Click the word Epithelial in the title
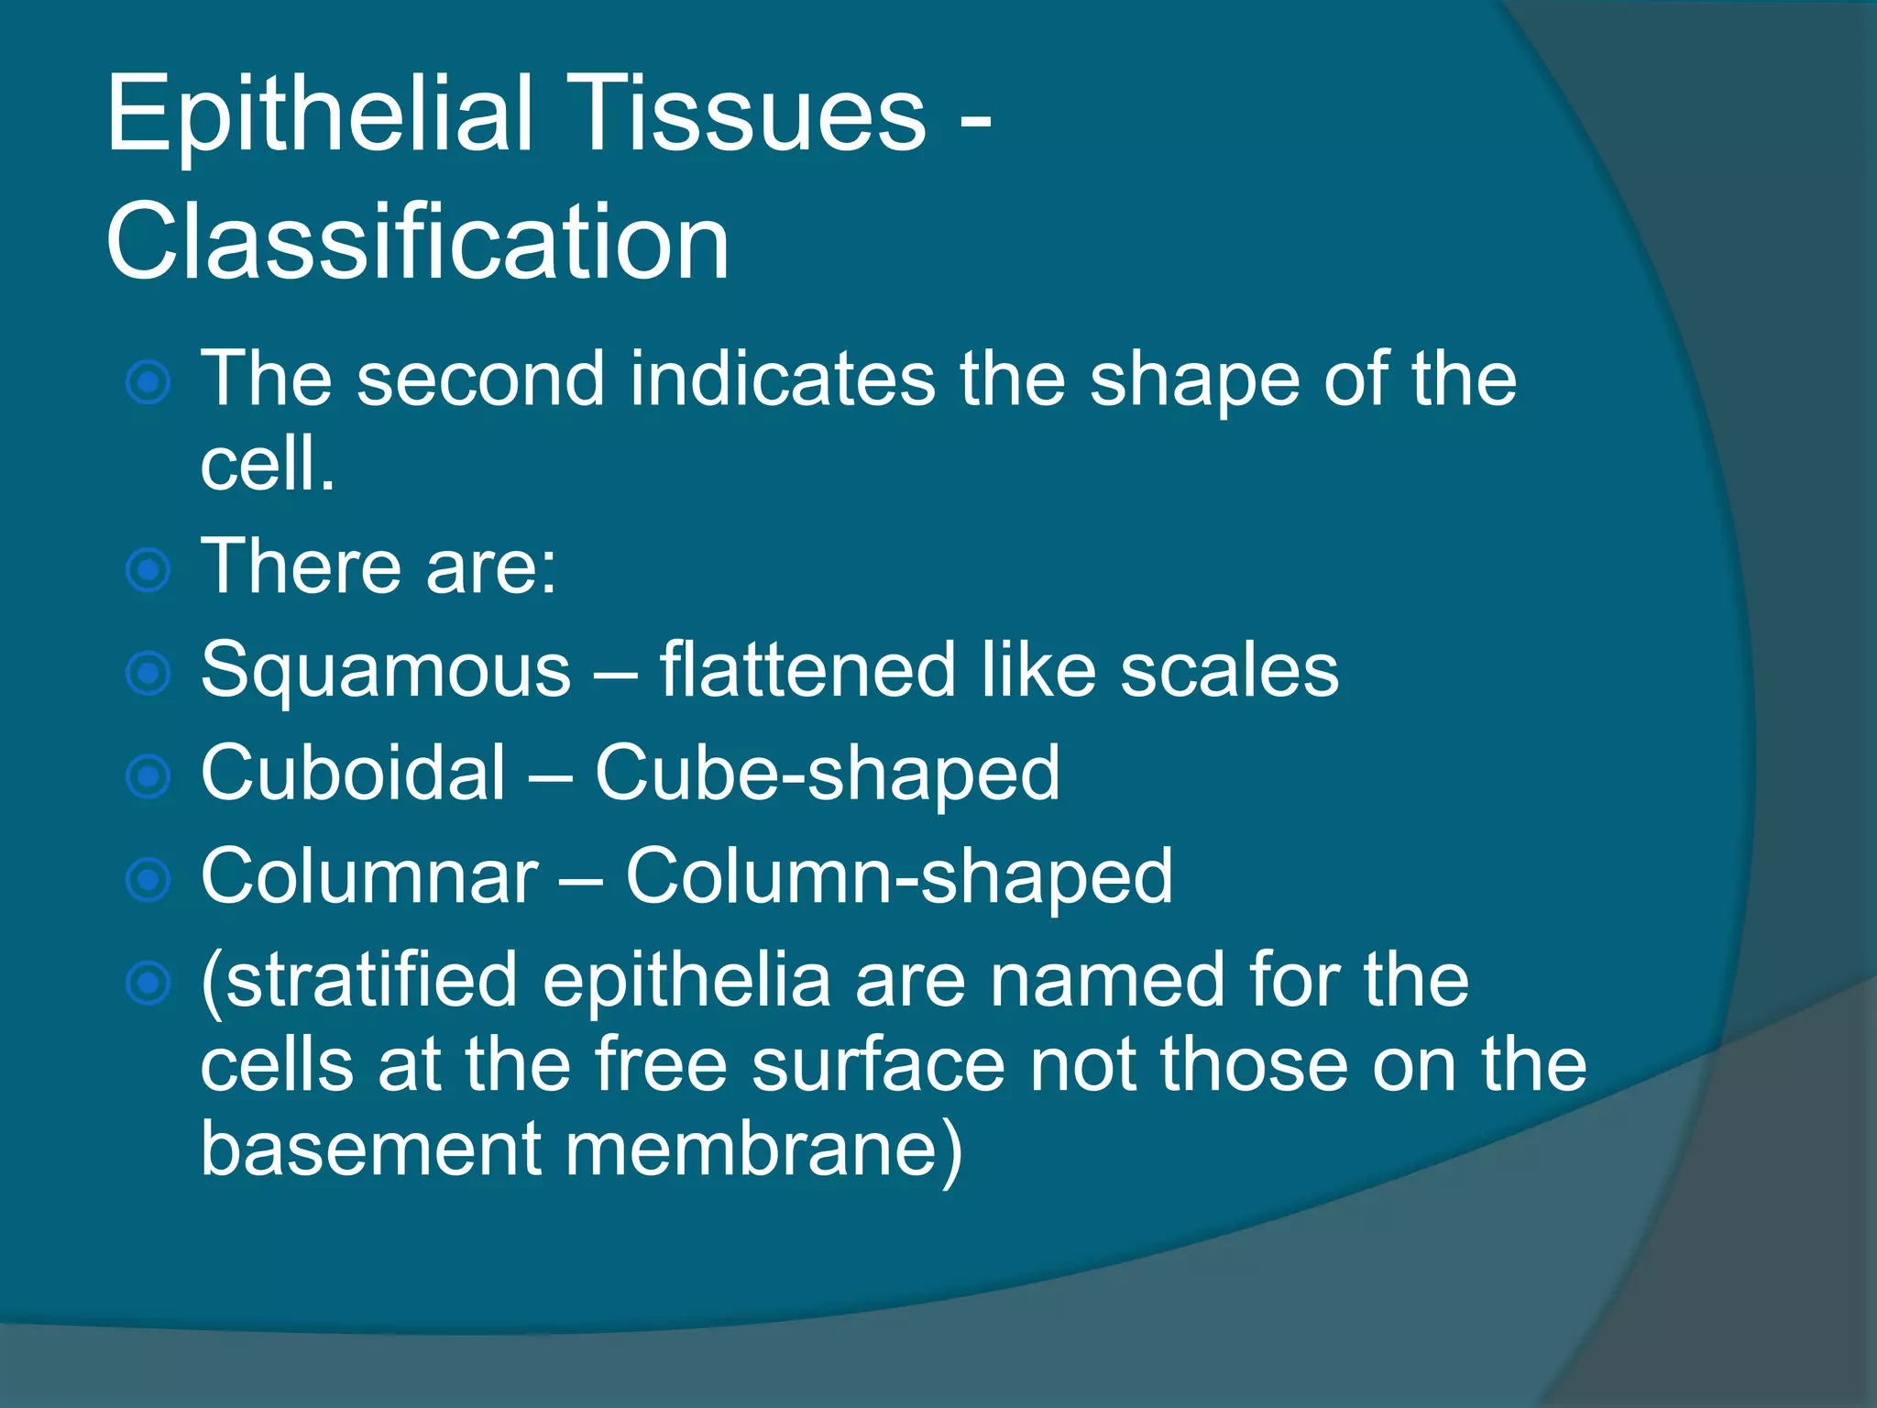coord(319,115)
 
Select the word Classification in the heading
coord(418,243)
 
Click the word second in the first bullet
coord(480,379)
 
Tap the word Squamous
coord(385,671)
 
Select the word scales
coord(1229,671)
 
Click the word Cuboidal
coord(353,774)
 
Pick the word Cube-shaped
coord(827,774)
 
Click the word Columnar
coord(369,877)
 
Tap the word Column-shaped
coord(898,877)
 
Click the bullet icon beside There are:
coord(148,570)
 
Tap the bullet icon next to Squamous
coord(148,674)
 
